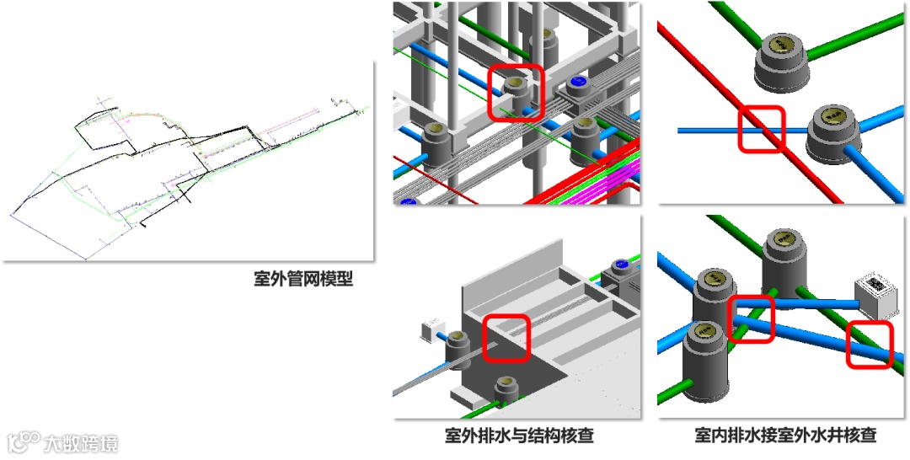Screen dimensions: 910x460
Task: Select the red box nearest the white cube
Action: click(870, 345)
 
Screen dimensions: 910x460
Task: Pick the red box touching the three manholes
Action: click(750, 318)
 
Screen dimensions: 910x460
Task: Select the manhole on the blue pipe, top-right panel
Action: click(835, 135)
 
